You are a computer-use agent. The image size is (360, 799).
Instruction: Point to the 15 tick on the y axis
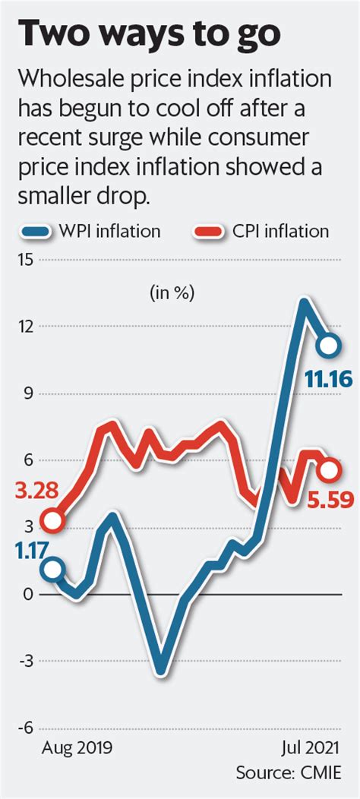pyautogui.click(x=27, y=260)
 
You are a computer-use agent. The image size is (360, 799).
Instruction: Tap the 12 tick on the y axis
pyautogui.click(x=27, y=327)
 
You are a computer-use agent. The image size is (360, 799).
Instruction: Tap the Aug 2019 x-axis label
pyautogui.click(x=77, y=747)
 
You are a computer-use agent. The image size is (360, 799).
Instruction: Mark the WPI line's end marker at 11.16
pyautogui.click(x=329, y=346)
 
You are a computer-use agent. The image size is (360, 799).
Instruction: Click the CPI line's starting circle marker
pyautogui.click(x=52, y=521)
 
